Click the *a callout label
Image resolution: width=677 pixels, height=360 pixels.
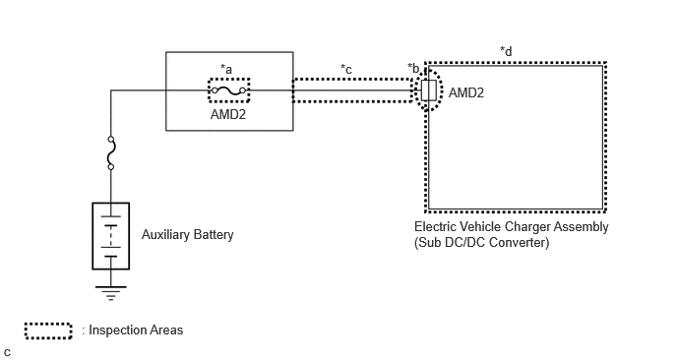[226, 69]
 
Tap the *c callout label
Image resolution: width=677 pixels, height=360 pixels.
[346, 69]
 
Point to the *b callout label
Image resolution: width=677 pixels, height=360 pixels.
[413, 68]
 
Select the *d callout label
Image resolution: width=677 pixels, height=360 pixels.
[506, 51]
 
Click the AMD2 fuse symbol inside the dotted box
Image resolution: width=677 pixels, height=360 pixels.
[229, 90]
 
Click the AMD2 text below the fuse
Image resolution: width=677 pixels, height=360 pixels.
[228, 114]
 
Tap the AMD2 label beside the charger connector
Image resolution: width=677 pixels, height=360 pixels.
[466, 92]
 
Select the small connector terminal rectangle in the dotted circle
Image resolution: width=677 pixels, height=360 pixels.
[429, 90]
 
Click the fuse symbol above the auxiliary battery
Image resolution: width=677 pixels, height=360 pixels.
[111, 152]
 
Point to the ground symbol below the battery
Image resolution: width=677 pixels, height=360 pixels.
[111, 293]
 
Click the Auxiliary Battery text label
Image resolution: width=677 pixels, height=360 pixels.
[187, 234]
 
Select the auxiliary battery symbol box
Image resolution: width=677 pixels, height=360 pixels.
[111, 236]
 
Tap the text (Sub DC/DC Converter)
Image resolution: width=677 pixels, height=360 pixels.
[482, 243]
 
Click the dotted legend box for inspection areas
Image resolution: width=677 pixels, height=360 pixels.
[48, 330]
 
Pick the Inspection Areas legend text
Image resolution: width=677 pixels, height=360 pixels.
[136, 330]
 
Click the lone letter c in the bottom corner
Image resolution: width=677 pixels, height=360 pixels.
[7, 353]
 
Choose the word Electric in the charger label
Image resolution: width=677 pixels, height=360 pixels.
[433, 227]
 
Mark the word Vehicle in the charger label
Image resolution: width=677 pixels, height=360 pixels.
[478, 227]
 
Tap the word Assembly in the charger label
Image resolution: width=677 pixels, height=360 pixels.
[582, 227]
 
